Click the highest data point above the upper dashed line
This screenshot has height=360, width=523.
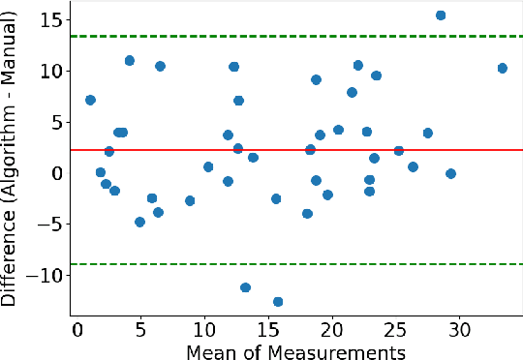pyautogui.click(x=441, y=15)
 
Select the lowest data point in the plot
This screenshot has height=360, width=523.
pyautogui.click(x=278, y=302)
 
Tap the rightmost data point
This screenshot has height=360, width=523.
pyautogui.click(x=502, y=68)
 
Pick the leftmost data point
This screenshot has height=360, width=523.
pyautogui.click(x=90, y=100)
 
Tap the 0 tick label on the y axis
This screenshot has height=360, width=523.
pyautogui.click(x=56, y=173)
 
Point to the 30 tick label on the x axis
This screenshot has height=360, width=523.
pyautogui.click(x=460, y=329)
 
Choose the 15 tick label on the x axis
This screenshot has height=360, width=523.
pyautogui.click(x=268, y=329)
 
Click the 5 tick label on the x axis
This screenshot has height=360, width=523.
pyautogui.click(x=140, y=329)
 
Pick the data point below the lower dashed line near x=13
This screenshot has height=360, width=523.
pyautogui.click(x=245, y=287)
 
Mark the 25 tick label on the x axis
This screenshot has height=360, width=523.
pyautogui.click(x=396, y=329)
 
